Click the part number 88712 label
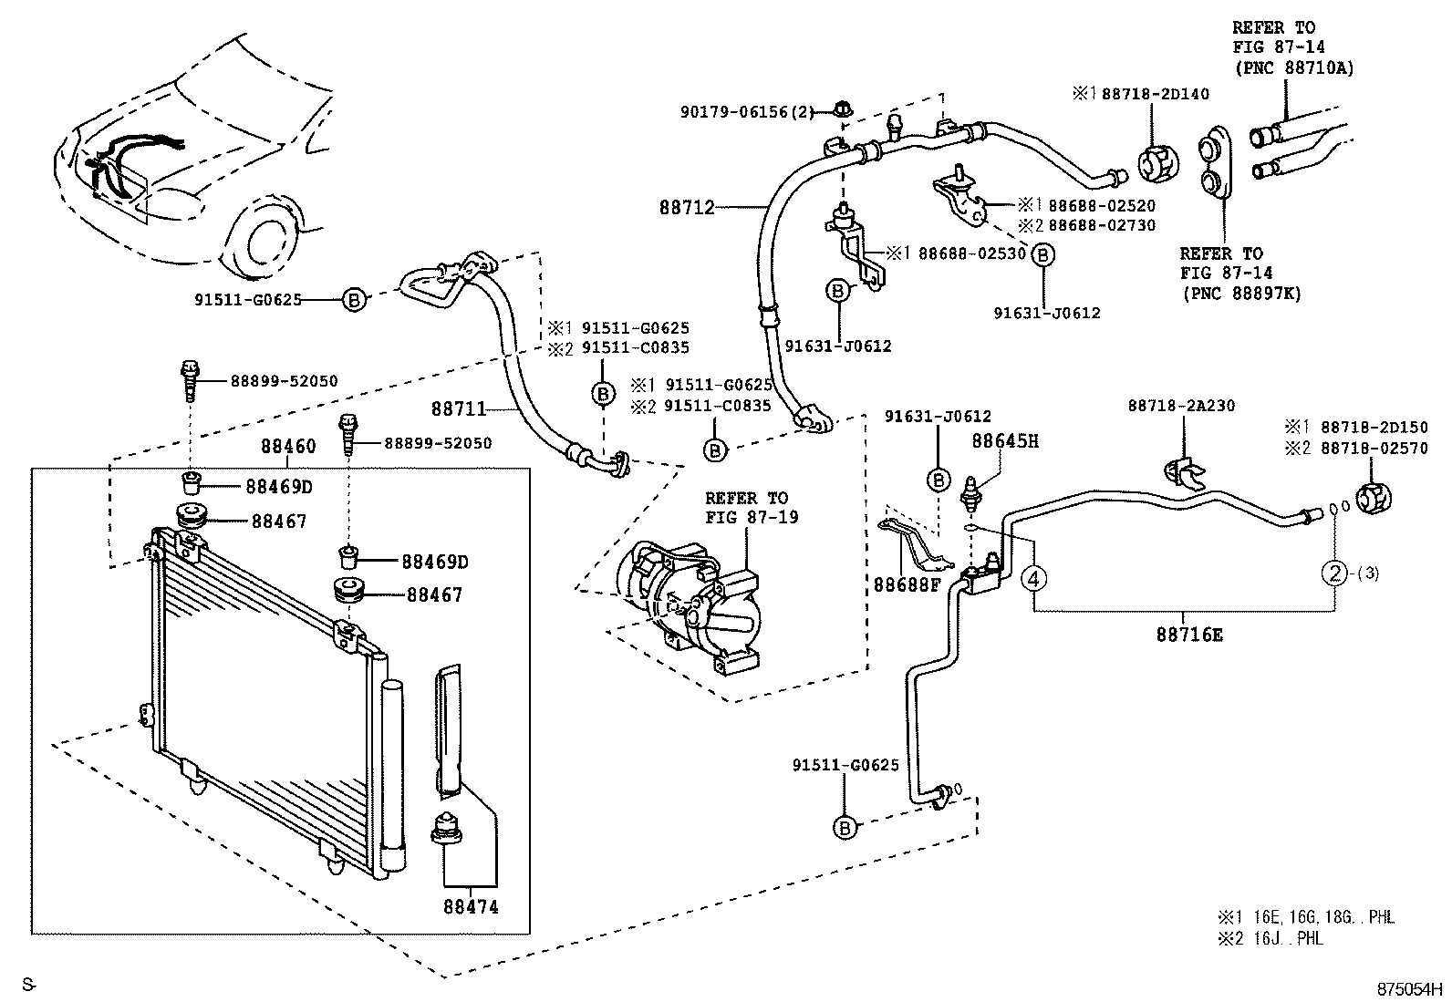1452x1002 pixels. [x=687, y=207]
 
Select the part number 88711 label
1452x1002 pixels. [x=458, y=410]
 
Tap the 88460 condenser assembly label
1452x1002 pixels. [x=288, y=447]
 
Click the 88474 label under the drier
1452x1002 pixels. [x=471, y=907]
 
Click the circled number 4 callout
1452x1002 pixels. [x=1032, y=577]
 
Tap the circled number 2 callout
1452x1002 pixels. [x=1334, y=573]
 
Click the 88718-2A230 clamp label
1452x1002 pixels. [x=1181, y=406]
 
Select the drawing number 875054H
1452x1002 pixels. [x=1410, y=987]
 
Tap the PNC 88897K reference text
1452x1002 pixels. [x=1239, y=294]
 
